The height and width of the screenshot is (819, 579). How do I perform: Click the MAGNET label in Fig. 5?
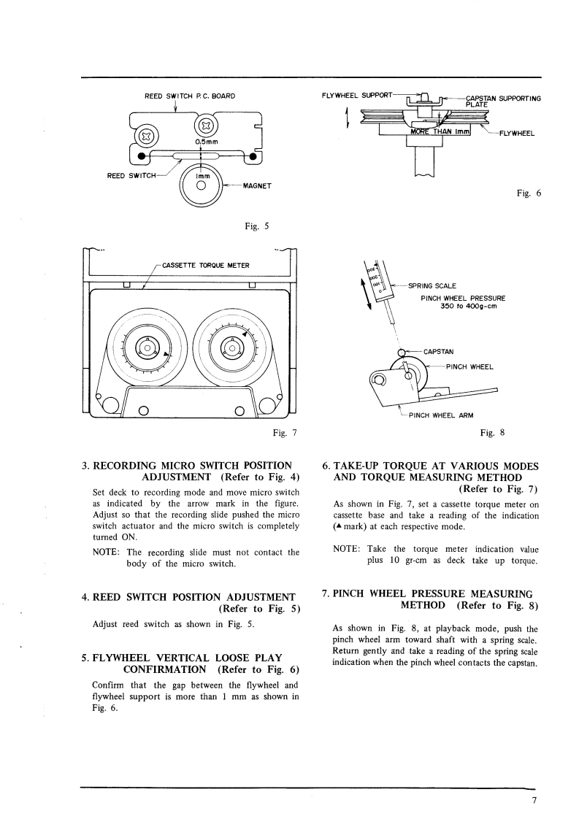[x=257, y=186]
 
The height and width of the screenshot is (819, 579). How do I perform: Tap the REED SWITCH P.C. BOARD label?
[x=190, y=96]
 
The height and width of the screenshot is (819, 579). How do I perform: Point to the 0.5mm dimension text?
[x=207, y=142]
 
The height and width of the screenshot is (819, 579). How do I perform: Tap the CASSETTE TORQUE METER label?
[x=206, y=266]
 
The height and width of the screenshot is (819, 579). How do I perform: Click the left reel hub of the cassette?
[x=147, y=348]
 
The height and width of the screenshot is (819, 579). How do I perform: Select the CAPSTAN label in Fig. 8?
[x=438, y=352]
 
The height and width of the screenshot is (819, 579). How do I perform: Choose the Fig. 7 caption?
[x=285, y=432]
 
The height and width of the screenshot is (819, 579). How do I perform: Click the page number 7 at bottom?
[x=534, y=800]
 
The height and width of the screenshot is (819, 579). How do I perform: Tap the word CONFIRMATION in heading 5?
[x=164, y=669]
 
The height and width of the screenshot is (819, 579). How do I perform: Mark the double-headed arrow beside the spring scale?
[x=367, y=294]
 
